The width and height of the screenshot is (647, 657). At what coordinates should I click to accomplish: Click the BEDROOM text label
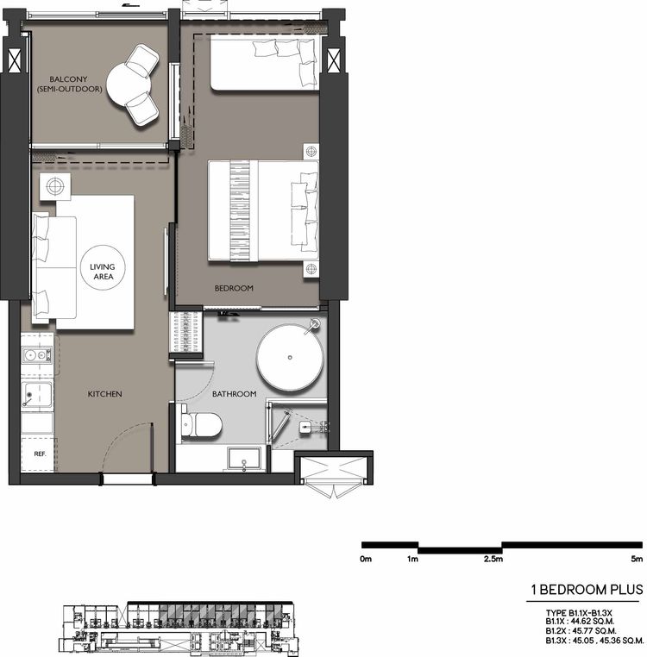234,288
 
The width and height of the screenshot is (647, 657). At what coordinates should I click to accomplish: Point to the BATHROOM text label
234,394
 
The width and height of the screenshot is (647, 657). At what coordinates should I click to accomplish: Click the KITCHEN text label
104,394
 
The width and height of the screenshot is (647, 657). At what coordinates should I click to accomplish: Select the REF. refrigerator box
39,453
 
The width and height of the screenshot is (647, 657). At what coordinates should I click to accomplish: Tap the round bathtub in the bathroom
291,358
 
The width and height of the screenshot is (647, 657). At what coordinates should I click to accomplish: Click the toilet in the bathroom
201,423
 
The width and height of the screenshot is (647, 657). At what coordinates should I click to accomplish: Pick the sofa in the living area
53,266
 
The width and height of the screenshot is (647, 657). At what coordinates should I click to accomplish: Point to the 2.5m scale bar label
493,560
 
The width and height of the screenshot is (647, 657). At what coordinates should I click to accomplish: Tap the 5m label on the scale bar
636,560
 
